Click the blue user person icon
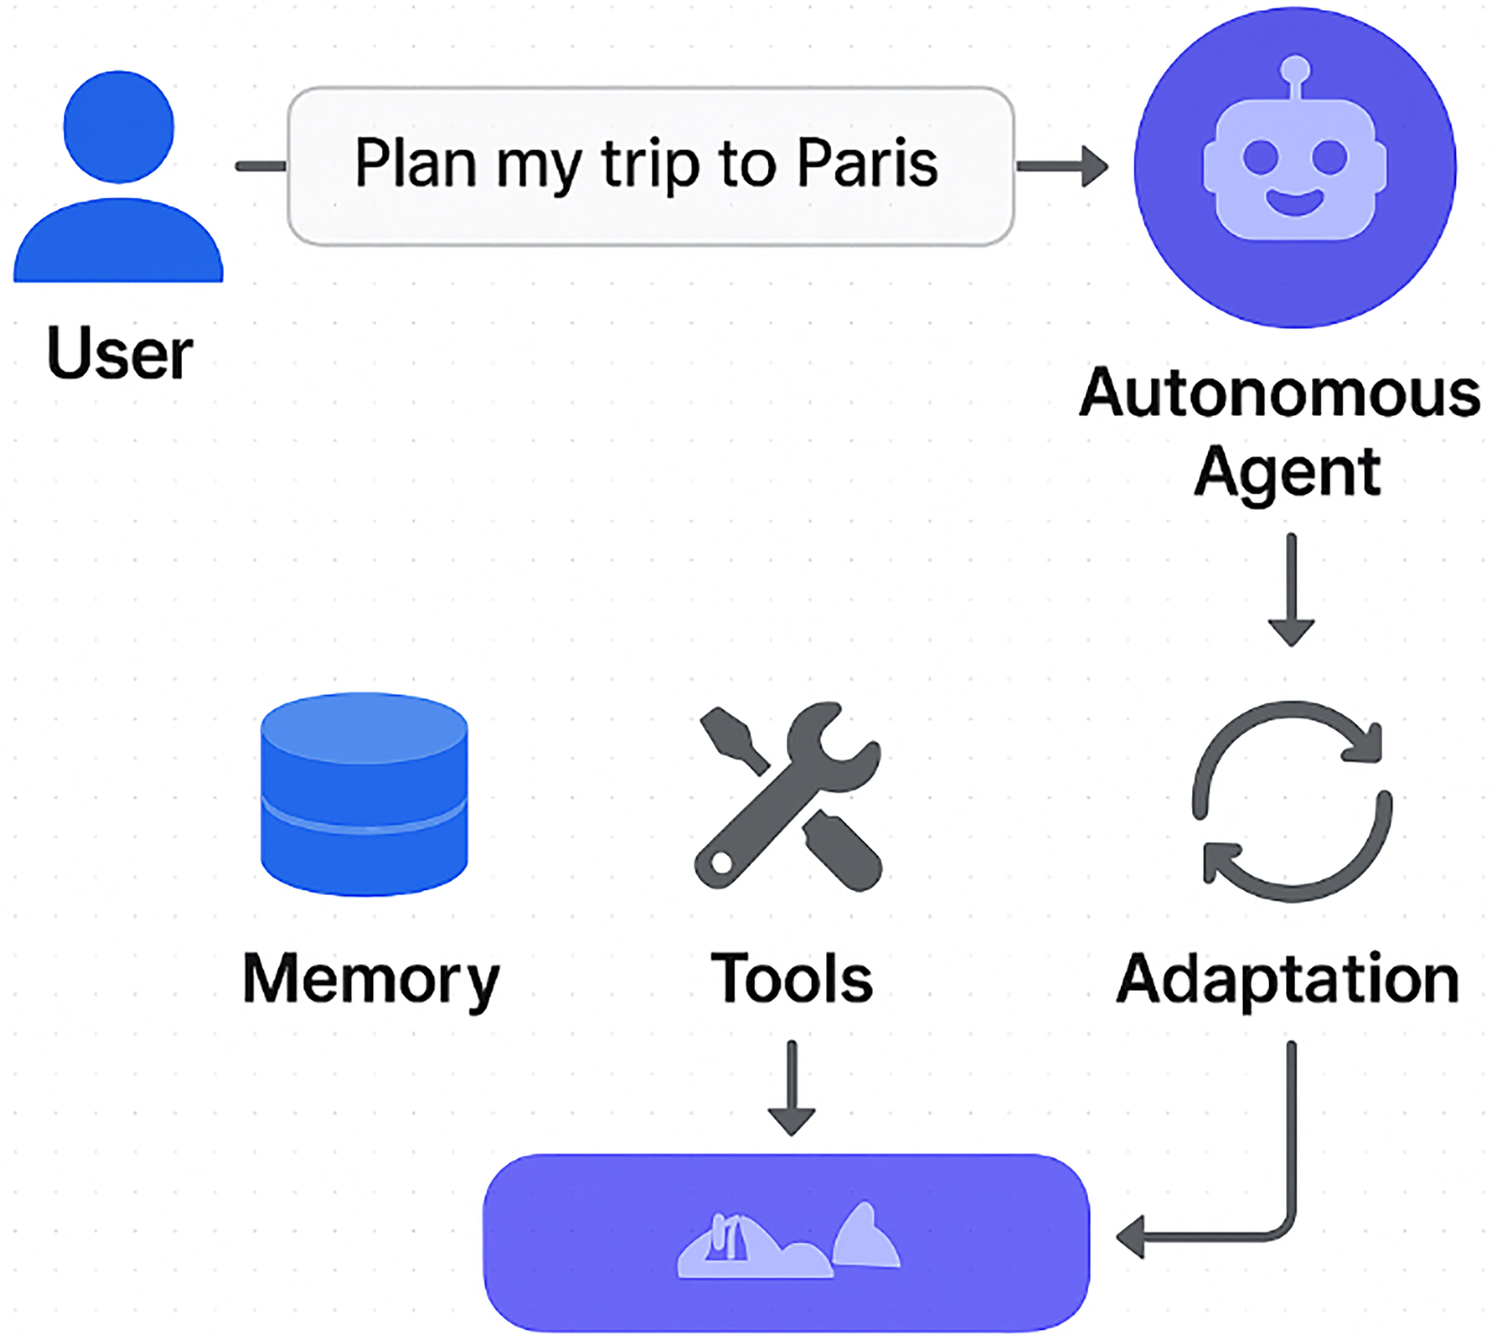click(119, 176)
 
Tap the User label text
click(120, 354)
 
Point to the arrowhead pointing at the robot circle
click(1095, 167)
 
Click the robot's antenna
click(1295, 79)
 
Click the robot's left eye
click(1260, 157)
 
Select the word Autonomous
click(1280, 394)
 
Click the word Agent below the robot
click(1287, 473)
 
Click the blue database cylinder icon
click(364, 794)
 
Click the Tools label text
click(791, 979)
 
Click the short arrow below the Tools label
click(791, 1087)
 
